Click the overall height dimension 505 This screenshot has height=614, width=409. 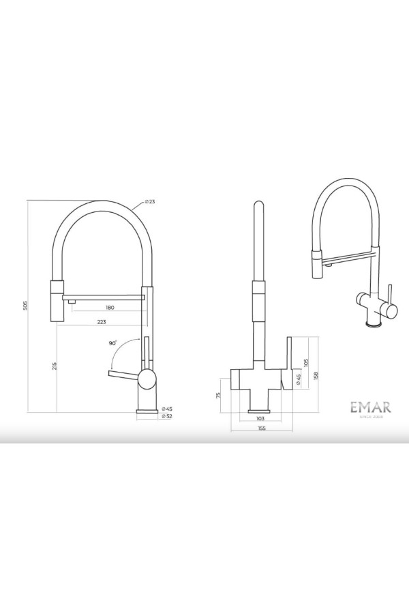(25, 307)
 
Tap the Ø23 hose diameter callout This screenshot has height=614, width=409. (150, 202)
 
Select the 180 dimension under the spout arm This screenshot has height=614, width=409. (110, 308)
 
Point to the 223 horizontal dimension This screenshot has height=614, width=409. (101, 321)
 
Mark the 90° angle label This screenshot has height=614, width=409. (112, 344)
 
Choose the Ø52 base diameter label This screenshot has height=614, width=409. (168, 415)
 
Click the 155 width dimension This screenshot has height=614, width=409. (261, 428)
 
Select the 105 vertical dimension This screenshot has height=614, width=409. (307, 362)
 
